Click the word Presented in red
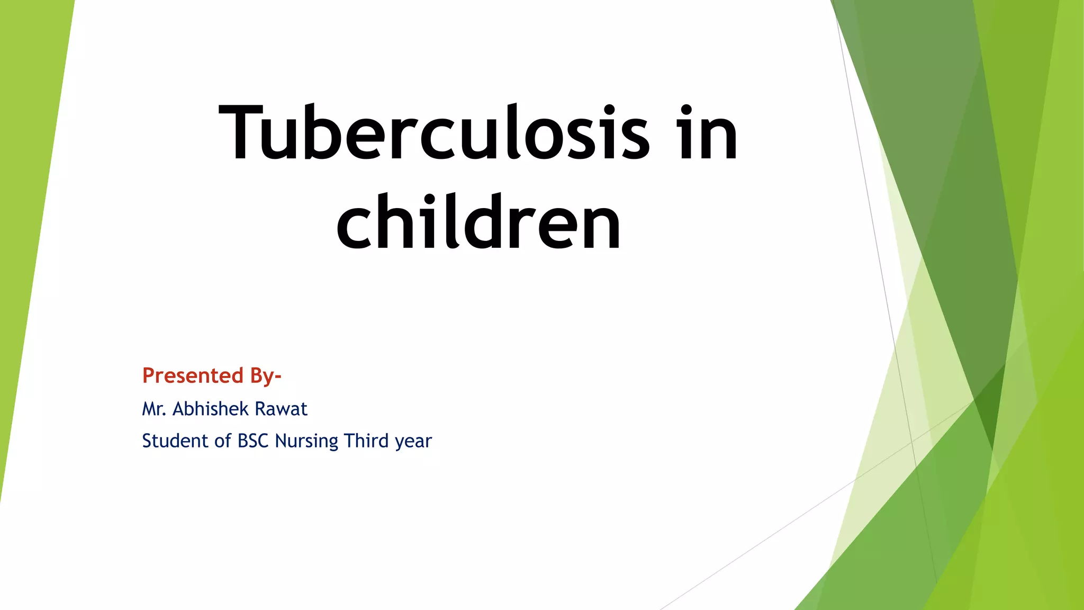tap(193, 375)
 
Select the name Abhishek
tap(211, 409)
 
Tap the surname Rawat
tap(281, 409)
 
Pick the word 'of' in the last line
tap(222, 441)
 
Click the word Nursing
tap(306, 441)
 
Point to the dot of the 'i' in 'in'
tap(686, 110)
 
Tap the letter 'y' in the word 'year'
tap(400, 443)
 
